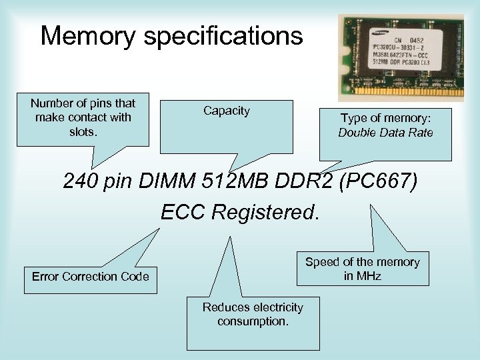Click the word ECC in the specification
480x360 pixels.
tap(185, 211)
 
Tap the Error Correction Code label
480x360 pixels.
tap(91, 275)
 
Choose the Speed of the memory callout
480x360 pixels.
tap(362, 268)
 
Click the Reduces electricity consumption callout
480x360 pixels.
tap(253, 314)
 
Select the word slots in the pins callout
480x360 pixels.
tap(83, 131)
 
